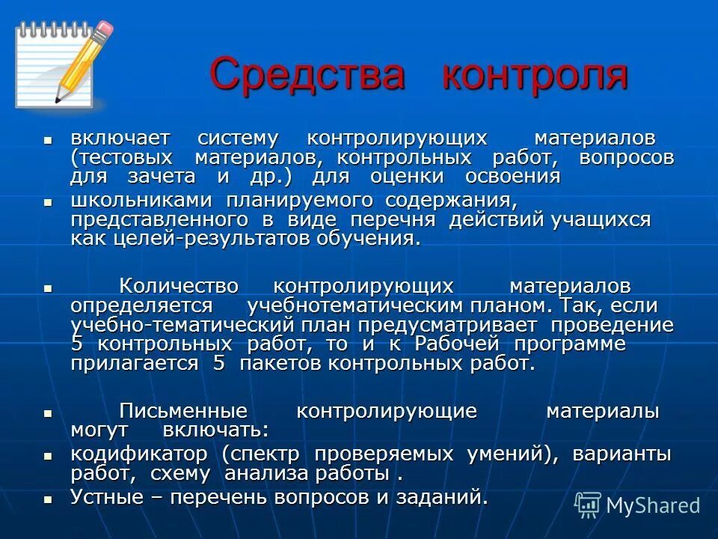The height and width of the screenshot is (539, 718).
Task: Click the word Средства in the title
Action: [x=307, y=75]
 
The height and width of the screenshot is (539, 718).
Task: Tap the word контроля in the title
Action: [x=534, y=75]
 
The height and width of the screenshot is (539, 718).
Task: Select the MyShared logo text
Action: [x=652, y=505]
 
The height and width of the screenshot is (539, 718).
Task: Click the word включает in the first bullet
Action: [x=120, y=138]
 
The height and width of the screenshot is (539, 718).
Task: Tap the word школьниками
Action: [x=139, y=201]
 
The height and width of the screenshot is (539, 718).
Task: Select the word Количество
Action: [x=179, y=287]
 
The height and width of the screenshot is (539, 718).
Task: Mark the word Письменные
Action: [x=183, y=411]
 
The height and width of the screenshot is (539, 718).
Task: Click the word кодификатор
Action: [x=138, y=454]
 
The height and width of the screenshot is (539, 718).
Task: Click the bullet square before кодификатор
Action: [x=49, y=455]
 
